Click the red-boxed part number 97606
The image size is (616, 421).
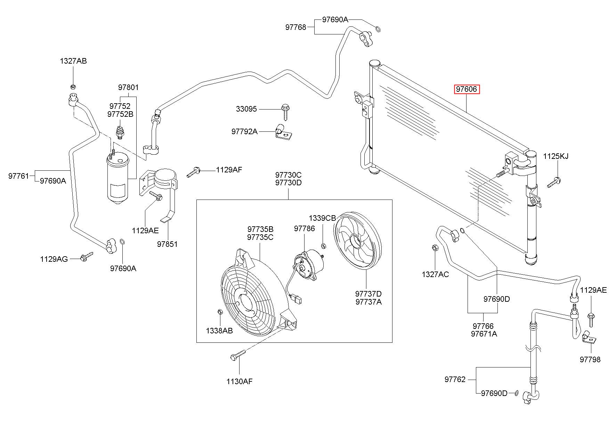coord(467,89)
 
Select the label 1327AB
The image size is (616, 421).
coord(73,61)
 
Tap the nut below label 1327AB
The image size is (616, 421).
coord(73,87)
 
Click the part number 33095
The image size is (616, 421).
coord(246,109)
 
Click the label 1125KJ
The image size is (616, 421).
coord(556,156)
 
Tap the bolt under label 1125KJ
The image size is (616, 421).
coord(554,182)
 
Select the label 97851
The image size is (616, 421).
coord(167,244)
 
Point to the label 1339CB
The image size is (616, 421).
coord(322,218)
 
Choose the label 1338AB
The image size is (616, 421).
coord(219,331)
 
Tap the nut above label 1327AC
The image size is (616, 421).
coord(435,248)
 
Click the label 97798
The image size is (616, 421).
coord(590,359)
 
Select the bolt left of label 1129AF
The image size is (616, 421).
coord(193,171)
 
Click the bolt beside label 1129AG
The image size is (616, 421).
coord(87,257)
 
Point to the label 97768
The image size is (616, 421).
coord(296,27)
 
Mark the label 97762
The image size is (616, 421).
coord(455,379)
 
